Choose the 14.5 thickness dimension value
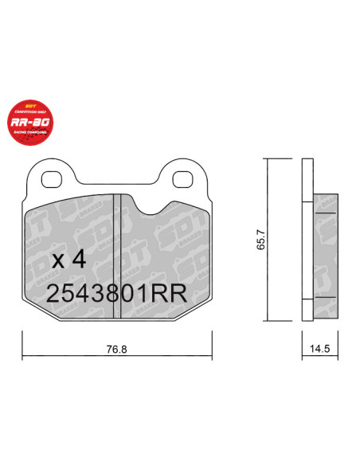point(318,348)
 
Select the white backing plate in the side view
point(308,239)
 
